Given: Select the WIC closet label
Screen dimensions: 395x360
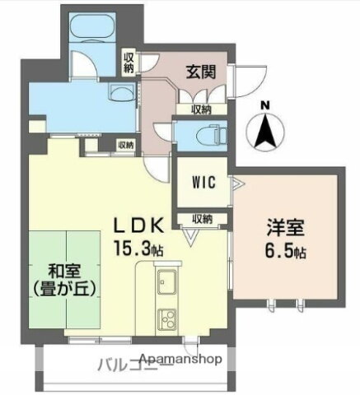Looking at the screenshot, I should tap(204, 183).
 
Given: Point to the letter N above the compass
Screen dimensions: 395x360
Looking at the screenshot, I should tap(264, 105).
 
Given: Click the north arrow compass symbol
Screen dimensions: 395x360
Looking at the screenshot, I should tap(264, 132).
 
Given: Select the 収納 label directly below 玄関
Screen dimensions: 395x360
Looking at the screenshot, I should tap(201, 109).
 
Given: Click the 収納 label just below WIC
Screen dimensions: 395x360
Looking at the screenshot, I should tap(203, 218).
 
